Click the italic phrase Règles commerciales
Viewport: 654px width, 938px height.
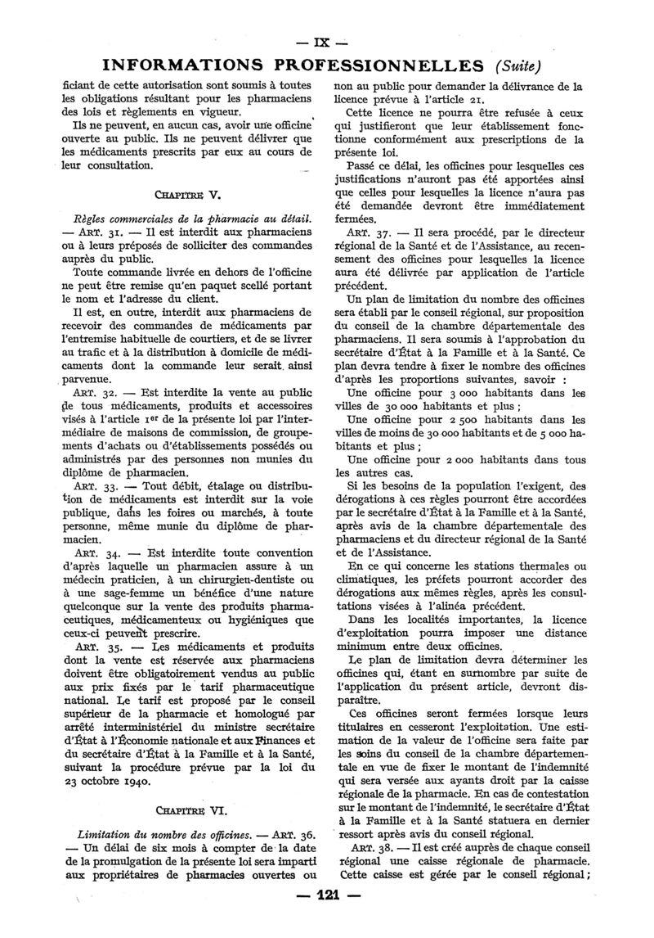coord(121,219)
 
